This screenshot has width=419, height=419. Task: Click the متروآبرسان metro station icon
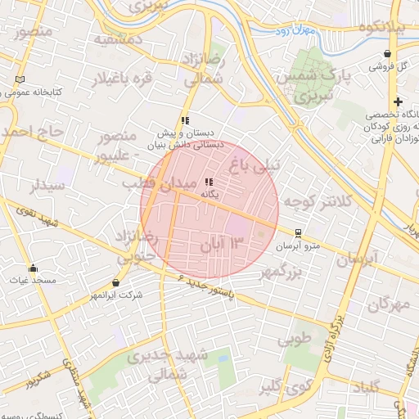(x=299, y=232)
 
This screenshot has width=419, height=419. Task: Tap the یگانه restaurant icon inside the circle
(x=209, y=182)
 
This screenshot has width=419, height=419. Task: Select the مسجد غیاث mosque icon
(x=33, y=268)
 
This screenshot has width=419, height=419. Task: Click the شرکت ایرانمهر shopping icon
(x=115, y=282)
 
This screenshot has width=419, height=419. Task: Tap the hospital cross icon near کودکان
(x=398, y=102)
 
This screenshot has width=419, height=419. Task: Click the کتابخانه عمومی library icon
(x=20, y=79)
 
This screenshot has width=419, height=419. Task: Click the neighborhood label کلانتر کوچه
(x=315, y=201)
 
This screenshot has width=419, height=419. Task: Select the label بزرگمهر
(x=293, y=273)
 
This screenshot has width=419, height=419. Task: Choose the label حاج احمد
(x=31, y=131)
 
